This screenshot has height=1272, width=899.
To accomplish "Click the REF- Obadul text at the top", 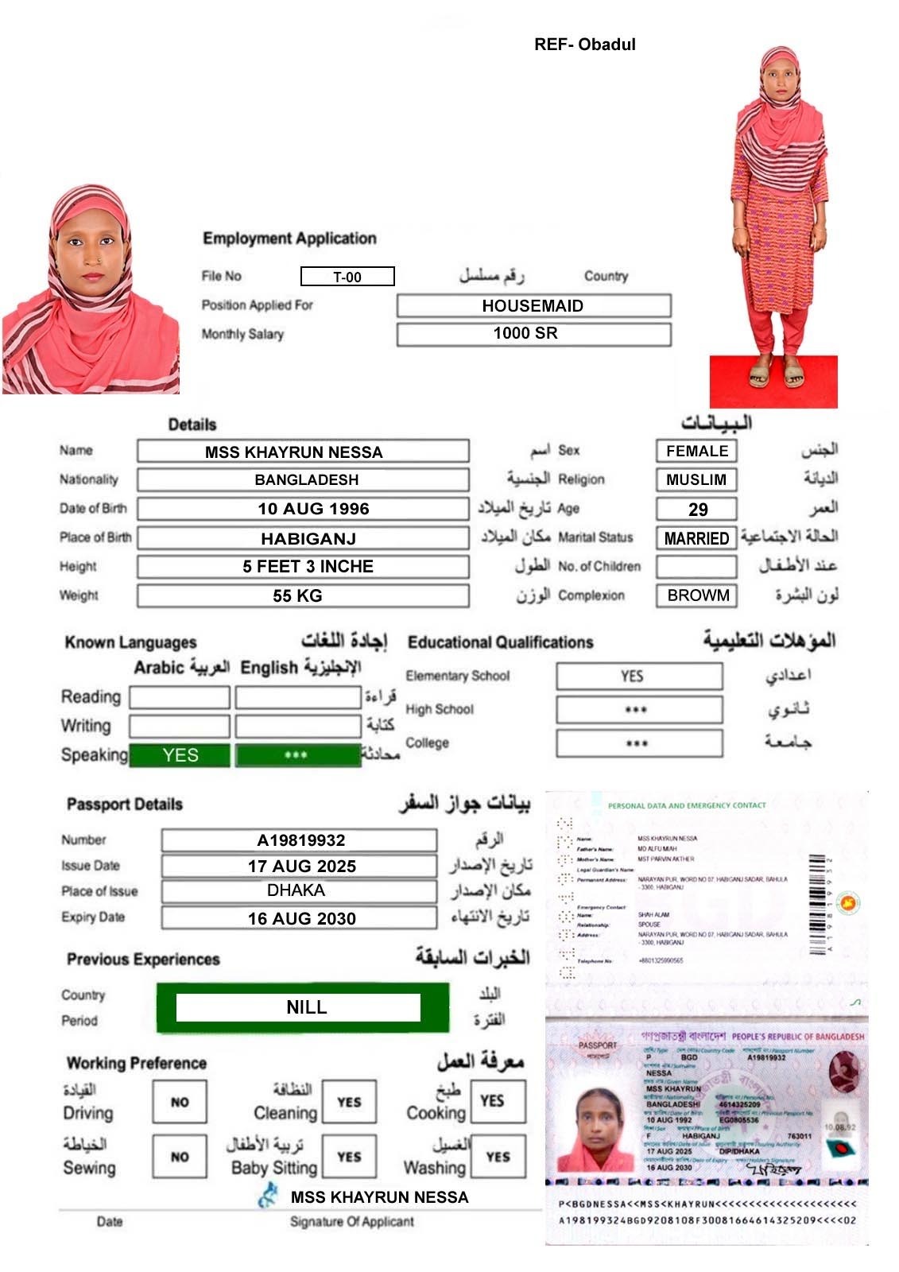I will point(585,45).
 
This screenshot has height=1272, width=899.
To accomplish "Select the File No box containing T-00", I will point(347,277).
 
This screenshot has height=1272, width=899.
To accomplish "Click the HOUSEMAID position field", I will point(533,306).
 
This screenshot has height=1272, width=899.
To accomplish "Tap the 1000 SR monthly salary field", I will point(533,334).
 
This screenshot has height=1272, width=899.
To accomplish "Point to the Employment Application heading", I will point(289,238).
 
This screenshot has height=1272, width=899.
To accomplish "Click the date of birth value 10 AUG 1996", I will point(303,509).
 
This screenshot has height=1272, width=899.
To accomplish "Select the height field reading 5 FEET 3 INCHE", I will point(303,567).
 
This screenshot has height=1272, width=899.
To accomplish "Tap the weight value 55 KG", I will point(303,595).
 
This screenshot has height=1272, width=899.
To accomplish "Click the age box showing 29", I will point(697,509).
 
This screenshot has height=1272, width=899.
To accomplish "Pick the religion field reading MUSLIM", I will point(697,480).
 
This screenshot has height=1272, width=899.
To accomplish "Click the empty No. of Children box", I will point(697,567).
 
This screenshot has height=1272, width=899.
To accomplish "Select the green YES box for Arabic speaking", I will point(180,755).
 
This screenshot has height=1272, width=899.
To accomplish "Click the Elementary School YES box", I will point(639,677).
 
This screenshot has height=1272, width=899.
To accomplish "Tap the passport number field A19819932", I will point(300,840).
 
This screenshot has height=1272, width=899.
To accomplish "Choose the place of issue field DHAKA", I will point(300,891).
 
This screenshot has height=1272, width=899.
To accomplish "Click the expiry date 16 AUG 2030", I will point(300,918).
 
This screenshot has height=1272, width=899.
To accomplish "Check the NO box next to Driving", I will point(180,1102).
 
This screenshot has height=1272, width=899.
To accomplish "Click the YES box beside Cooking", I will point(498,1101).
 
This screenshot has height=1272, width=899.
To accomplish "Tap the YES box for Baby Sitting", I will point(349,1157).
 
